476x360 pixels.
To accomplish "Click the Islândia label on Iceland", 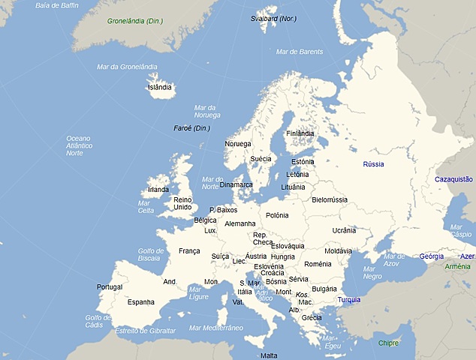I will click(160, 87).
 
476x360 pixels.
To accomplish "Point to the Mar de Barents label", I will click(300, 52).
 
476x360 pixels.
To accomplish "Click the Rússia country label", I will click(373, 163).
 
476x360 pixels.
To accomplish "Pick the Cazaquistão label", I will click(453, 179).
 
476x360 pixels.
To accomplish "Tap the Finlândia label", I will click(300, 133).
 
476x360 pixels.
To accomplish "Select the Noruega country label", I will click(238, 144).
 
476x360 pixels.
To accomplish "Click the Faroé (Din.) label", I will click(192, 128).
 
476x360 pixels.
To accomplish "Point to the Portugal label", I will click(110, 287).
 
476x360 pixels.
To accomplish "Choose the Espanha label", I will click(140, 302).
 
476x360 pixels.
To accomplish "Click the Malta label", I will click(269, 355).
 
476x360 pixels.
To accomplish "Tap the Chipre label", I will click(388, 343).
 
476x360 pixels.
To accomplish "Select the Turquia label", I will click(348, 300).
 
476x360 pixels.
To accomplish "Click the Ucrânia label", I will click(344, 230).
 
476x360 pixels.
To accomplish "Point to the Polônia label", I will click(276, 215).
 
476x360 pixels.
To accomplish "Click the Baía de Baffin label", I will click(57, 6).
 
